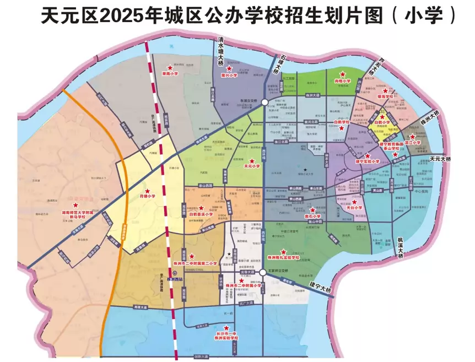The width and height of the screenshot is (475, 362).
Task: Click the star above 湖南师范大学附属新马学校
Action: point(76,204)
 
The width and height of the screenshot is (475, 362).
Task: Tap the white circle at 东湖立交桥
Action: point(265,102)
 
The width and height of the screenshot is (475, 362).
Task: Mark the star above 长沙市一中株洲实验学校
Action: point(226,328)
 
